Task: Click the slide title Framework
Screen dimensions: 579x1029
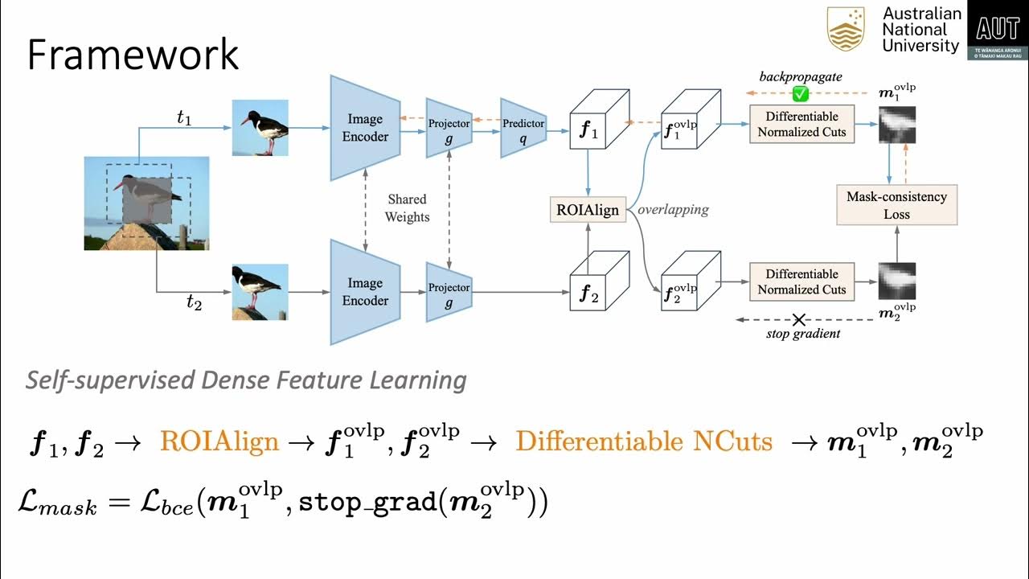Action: [133, 55]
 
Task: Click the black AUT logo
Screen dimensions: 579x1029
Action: [998, 31]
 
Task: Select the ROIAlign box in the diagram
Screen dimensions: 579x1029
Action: [588, 210]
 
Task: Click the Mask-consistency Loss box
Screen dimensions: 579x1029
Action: [896, 205]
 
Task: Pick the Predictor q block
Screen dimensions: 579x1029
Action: [523, 128]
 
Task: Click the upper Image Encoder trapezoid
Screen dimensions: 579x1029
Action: [365, 128]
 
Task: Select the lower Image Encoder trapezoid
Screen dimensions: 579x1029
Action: [365, 292]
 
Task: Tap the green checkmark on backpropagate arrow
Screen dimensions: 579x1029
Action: [800, 94]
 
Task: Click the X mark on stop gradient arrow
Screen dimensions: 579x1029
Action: [798, 320]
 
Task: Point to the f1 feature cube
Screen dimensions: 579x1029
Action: [596, 129]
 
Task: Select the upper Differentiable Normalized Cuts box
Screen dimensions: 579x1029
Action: [801, 124]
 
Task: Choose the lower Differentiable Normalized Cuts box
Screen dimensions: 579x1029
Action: [801, 281]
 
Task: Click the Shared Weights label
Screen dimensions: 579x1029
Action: [407, 207]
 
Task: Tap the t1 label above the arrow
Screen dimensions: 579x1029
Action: [184, 117]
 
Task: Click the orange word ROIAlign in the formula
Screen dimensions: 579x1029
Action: [219, 441]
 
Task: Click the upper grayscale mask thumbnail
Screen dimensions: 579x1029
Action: [897, 125]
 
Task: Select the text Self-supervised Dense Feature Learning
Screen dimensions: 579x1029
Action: [246, 380]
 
